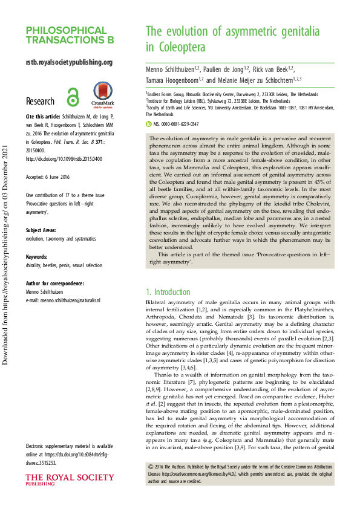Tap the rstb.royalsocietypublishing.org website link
pyautogui.click(x=69, y=62)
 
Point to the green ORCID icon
pyautogui.click(x=149, y=123)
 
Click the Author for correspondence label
pyautogui.click(x=54, y=283)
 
